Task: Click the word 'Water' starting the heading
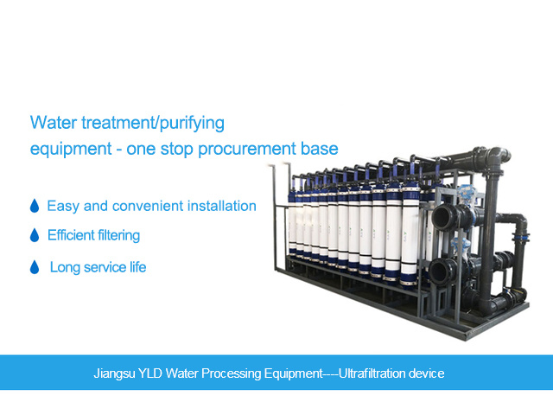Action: point(50,121)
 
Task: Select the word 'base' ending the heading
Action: point(321,149)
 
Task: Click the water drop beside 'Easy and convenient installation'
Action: point(35,207)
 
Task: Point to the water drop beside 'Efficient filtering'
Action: point(35,235)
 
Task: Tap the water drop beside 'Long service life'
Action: point(35,268)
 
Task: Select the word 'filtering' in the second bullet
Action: point(118,235)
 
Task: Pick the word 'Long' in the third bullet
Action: point(65,268)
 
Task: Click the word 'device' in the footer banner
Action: point(429,373)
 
